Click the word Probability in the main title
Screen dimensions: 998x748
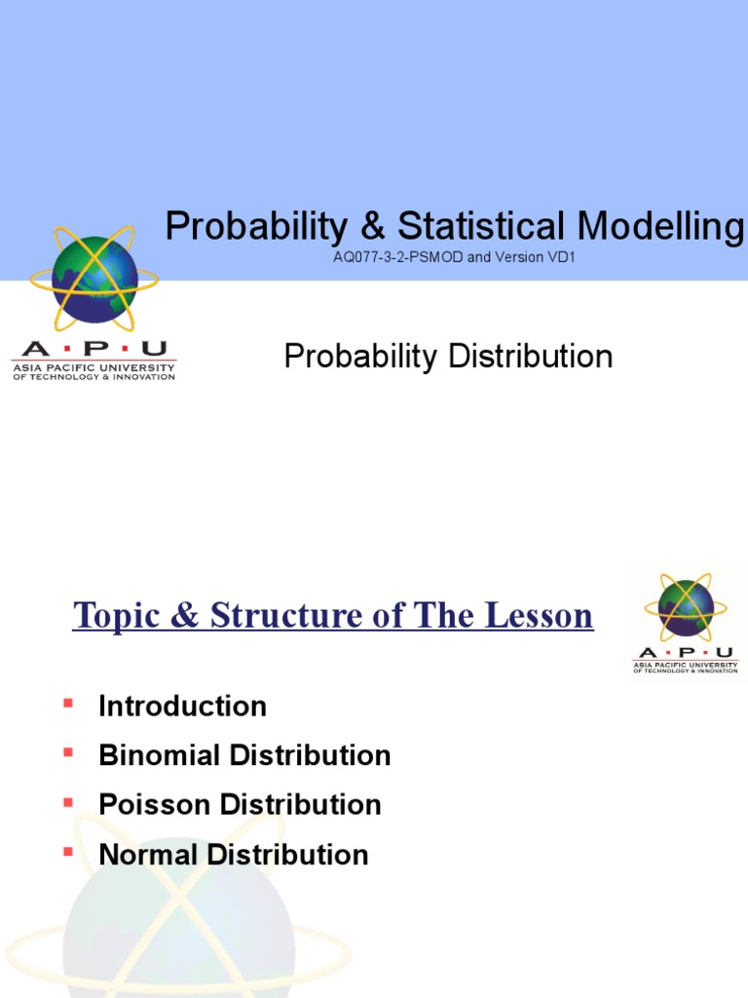(x=255, y=227)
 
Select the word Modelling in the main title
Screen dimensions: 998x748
(x=660, y=227)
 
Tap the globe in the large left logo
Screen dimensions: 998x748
(x=94, y=280)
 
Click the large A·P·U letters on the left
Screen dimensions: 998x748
(x=93, y=349)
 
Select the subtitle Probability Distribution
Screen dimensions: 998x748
(x=448, y=357)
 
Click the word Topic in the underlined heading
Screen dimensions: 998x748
(x=115, y=616)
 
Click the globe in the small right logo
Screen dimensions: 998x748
(x=686, y=606)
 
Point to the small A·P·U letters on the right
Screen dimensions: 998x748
(x=685, y=653)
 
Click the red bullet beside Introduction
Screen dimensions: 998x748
(x=68, y=702)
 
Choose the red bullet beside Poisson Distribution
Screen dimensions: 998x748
(x=68, y=801)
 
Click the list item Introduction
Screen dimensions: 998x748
(x=182, y=706)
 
